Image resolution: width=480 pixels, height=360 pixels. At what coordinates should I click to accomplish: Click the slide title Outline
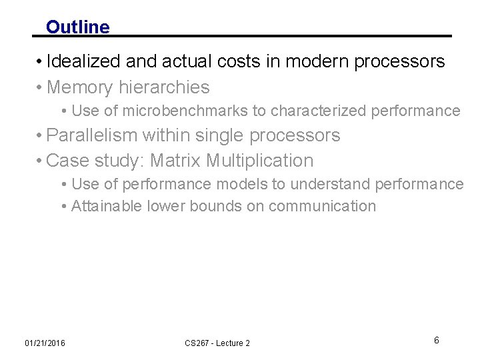pyautogui.click(x=77, y=27)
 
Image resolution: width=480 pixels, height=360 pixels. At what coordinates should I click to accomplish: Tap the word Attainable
pyautogui.click(x=107, y=207)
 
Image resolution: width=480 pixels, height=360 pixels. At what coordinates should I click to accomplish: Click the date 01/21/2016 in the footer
pyautogui.click(x=45, y=343)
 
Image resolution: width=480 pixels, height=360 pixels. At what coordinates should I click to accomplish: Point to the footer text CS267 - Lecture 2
pyautogui.click(x=217, y=343)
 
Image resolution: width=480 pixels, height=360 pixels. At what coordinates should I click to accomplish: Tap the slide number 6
pyautogui.click(x=437, y=341)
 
